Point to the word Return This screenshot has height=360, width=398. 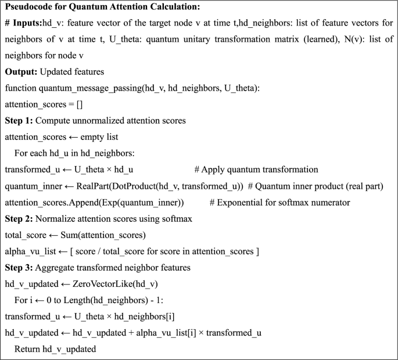coord(28,348)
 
